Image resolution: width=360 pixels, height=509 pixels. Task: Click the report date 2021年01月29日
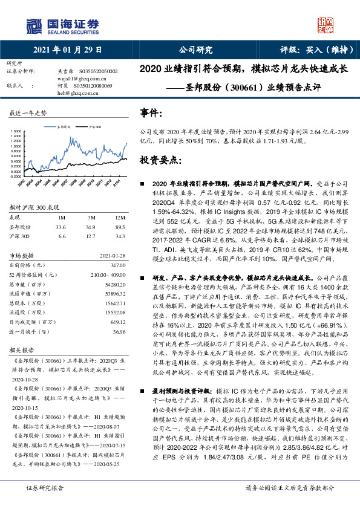pyautogui.click(x=67, y=50)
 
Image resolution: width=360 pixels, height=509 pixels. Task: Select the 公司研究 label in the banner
pyautogui.click(x=195, y=50)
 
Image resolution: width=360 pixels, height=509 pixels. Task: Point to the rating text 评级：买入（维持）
pyautogui.click(x=315, y=50)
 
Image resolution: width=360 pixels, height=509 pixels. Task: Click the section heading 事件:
pyautogui.click(x=151, y=113)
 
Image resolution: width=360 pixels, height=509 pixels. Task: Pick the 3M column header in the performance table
pyautogui.click(x=91, y=217)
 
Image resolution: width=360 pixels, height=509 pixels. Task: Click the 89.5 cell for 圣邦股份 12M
pyautogui.click(x=120, y=227)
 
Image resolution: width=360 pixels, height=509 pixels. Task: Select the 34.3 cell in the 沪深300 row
pyautogui.click(x=120, y=236)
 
